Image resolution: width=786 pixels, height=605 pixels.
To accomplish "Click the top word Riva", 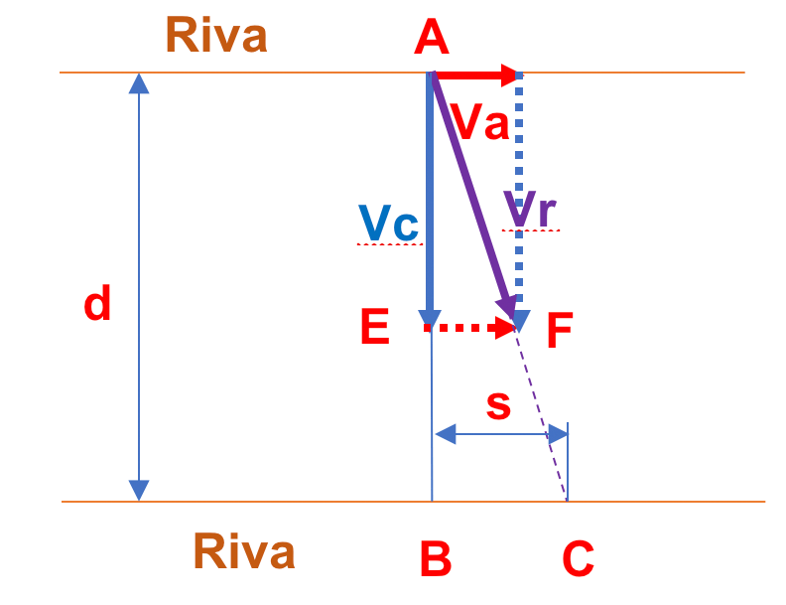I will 215,36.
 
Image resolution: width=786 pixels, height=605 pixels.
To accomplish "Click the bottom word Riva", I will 243,551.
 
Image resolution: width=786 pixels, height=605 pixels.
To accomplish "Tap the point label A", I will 432,40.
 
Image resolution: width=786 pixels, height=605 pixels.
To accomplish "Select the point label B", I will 436,561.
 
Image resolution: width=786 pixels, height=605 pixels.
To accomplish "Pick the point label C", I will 578,561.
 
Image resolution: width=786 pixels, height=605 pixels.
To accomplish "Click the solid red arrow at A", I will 476,75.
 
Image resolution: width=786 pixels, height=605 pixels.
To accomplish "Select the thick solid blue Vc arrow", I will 430,199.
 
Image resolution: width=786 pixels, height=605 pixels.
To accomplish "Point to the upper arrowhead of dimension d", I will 139,83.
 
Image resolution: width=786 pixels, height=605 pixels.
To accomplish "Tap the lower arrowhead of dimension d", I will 139,490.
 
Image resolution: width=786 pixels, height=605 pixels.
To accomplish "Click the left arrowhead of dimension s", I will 446,434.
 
